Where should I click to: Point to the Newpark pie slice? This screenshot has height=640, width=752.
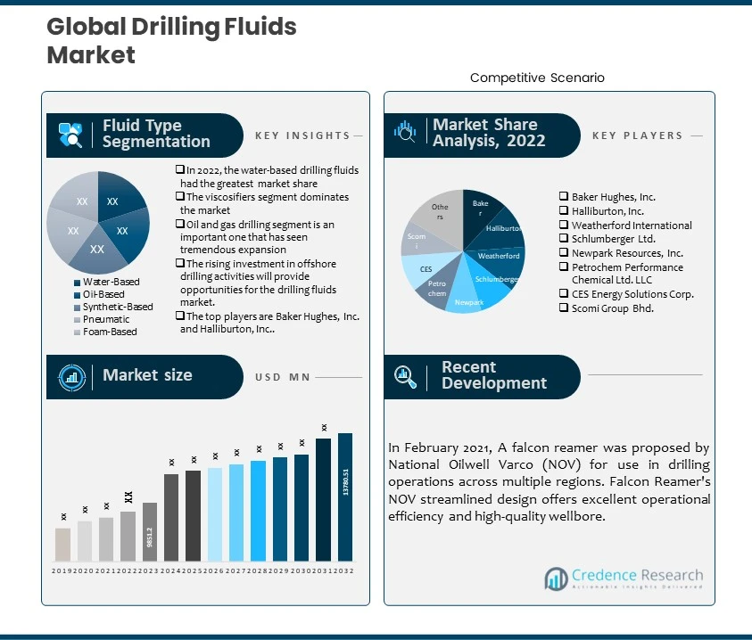(468, 299)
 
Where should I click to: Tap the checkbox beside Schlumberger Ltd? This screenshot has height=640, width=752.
(564, 239)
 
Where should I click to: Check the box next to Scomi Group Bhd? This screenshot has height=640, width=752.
(564, 308)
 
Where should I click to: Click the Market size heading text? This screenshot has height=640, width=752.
(147, 375)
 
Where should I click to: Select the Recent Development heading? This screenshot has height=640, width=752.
(493, 375)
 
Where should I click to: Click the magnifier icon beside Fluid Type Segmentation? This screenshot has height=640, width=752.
(70, 135)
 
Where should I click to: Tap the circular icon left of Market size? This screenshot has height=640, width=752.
(70, 376)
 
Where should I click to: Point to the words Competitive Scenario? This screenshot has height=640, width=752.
(537, 78)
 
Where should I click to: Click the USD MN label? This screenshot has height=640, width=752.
(283, 377)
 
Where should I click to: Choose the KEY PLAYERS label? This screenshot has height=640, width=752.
(637, 135)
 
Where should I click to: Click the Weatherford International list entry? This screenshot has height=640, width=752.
(632, 226)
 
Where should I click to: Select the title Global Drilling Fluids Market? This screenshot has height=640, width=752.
(171, 41)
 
